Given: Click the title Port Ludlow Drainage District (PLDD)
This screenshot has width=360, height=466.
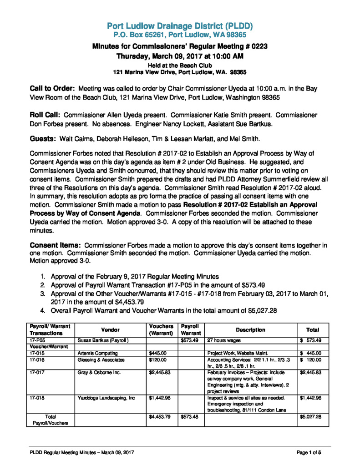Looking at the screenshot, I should pos(180,25).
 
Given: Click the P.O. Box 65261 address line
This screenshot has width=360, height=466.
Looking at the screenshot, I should pos(180,34).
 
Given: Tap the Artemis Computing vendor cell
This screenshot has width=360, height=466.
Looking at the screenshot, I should pos(98,353).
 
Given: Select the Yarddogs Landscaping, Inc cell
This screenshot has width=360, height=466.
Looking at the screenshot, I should pos(106,398).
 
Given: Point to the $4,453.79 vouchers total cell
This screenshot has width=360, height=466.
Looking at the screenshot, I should pos(160,417).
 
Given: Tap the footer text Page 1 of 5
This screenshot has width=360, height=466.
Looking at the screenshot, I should pos(309,452).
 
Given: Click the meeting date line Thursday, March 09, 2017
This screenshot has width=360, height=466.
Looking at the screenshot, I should pos(180,56).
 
